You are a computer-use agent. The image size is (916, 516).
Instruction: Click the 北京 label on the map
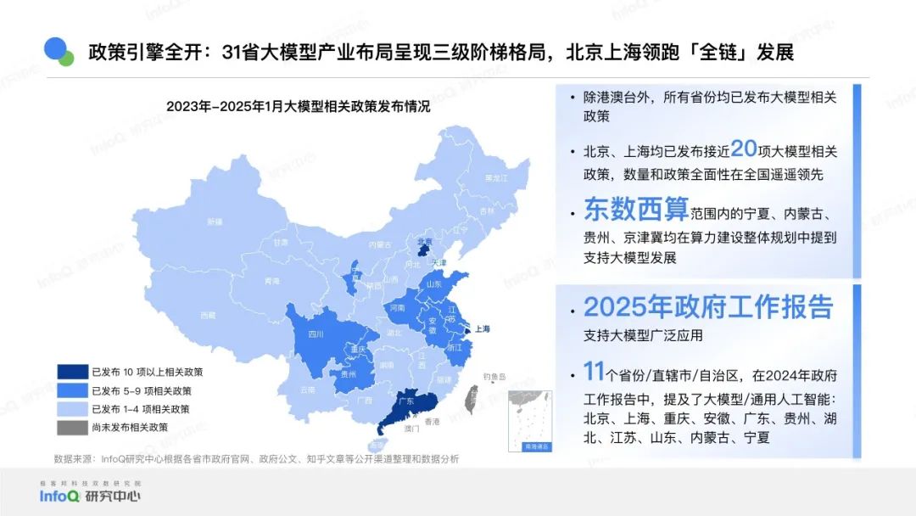pos(424,241)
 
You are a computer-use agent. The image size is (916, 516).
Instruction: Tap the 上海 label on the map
pos(483,328)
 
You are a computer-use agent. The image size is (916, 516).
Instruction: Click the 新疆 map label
pos(215,221)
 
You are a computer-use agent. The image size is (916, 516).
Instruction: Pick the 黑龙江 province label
pos(495,178)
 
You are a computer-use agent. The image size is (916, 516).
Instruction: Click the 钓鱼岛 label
pos(494,376)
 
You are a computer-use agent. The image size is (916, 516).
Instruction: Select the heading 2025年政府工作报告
pos(708,307)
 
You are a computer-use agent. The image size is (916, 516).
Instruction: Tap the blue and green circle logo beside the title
pos(59,51)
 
